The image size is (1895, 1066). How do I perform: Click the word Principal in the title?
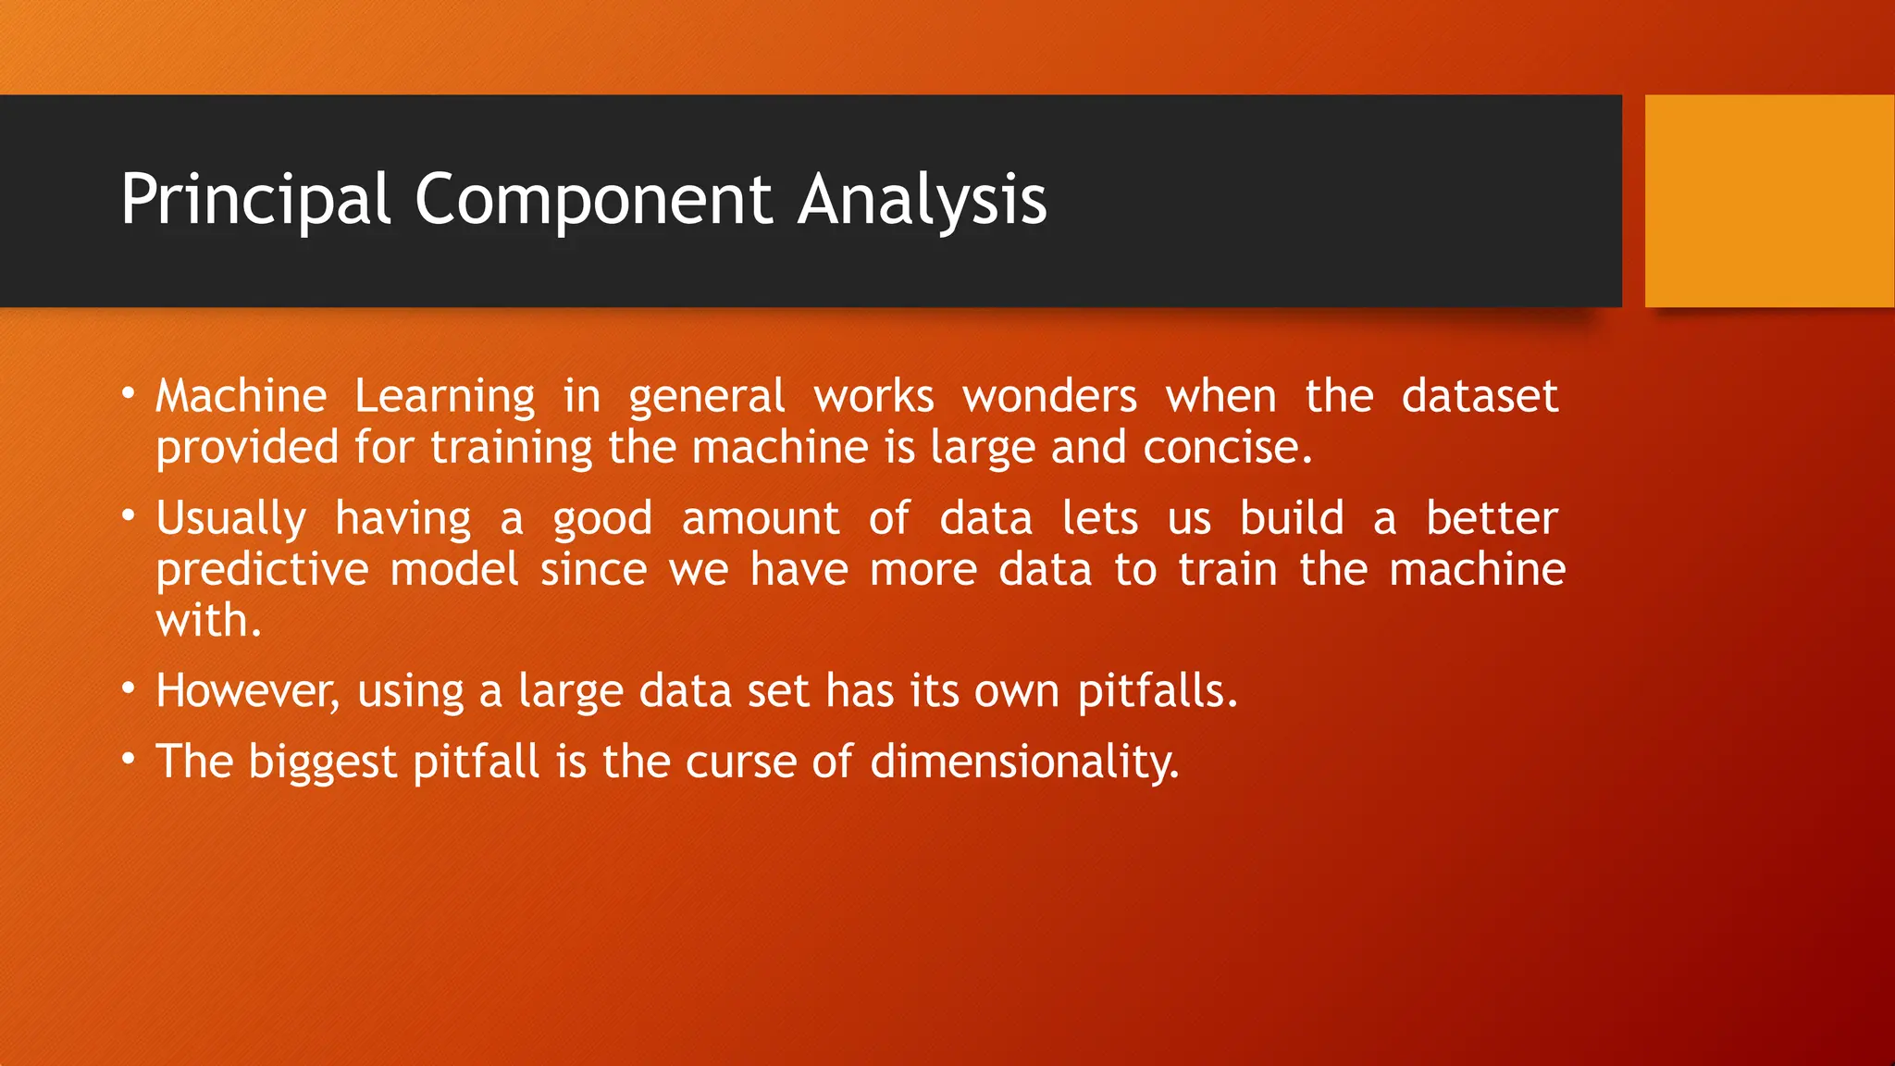(255, 200)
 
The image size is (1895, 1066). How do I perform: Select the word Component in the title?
(592, 200)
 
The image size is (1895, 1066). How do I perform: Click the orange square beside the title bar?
(1769, 201)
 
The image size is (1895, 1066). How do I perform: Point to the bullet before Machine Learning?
(129, 396)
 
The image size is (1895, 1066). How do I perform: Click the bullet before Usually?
(129, 517)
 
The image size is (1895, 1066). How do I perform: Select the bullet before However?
(129, 690)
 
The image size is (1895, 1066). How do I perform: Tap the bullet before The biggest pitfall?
(129, 761)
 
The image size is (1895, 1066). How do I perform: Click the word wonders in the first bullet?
(1049, 397)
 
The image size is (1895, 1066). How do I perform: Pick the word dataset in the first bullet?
(1479, 397)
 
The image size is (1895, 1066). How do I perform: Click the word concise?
(1227, 448)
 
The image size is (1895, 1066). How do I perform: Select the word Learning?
(444, 397)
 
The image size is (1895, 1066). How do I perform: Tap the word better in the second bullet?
(1492, 518)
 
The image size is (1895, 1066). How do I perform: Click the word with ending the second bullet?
(207, 621)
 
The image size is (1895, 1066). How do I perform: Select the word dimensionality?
(1024, 762)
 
